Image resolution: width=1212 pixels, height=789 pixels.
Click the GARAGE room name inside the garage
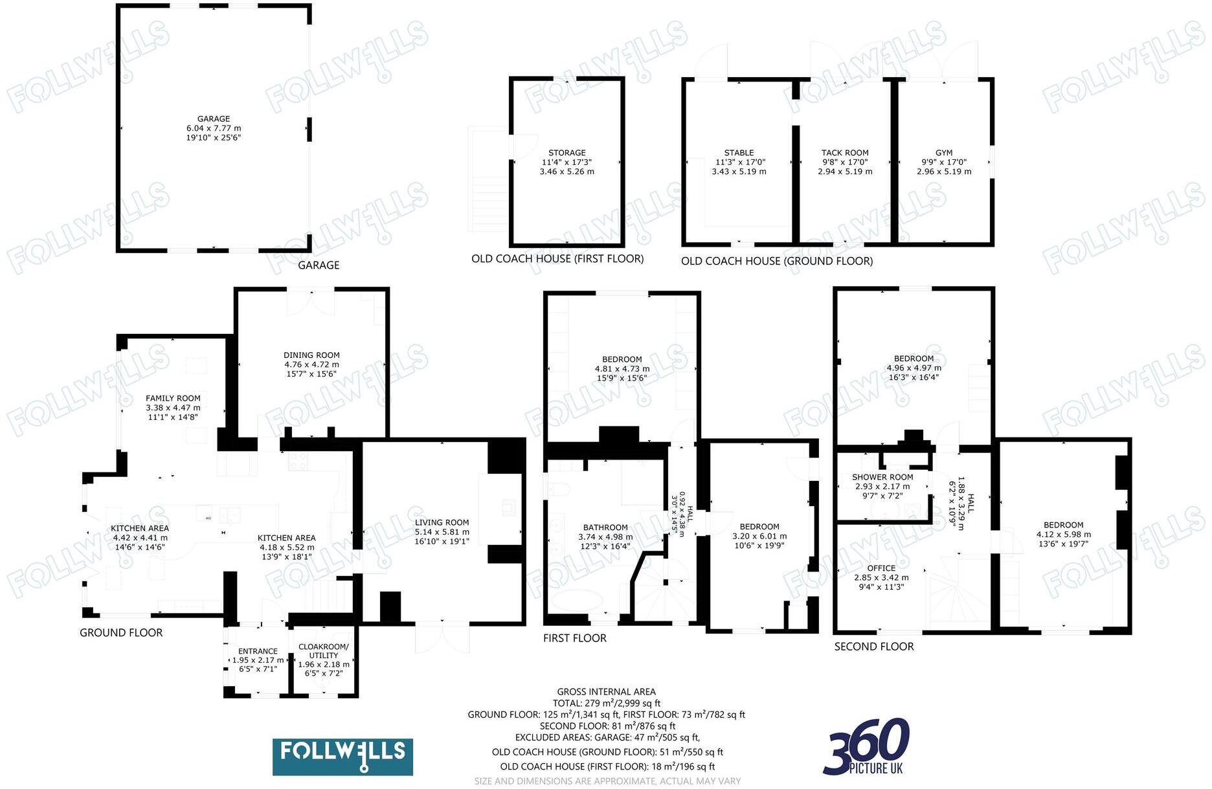pos(214,119)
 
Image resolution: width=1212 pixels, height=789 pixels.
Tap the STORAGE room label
pos(567,153)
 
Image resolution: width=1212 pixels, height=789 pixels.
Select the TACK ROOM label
pos(845,153)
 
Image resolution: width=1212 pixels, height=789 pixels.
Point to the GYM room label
pos(944,153)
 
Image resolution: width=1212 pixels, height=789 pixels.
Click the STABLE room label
pos(739,153)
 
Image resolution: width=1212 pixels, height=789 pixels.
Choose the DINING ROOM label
pos(311,355)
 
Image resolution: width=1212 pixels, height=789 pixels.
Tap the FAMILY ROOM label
pos(173,399)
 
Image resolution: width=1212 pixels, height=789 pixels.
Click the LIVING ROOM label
pos(442,523)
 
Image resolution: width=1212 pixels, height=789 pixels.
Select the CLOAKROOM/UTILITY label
pos(324,651)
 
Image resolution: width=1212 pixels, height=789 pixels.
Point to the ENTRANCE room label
pos(258,652)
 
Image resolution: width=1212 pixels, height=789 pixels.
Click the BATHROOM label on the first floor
pos(605,528)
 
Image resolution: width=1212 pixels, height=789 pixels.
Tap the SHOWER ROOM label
pos(882,478)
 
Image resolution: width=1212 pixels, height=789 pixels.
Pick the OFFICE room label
pos(881,568)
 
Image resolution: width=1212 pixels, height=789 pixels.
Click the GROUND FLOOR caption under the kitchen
pos(121,633)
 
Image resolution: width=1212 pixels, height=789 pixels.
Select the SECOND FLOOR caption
pos(874,647)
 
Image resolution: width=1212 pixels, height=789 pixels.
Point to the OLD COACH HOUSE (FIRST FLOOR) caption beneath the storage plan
pos(557,259)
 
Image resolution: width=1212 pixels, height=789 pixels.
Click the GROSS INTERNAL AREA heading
pos(606,692)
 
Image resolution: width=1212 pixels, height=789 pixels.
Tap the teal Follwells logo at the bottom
pos(342,757)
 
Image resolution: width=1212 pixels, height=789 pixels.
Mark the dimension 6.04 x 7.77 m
pos(214,129)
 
